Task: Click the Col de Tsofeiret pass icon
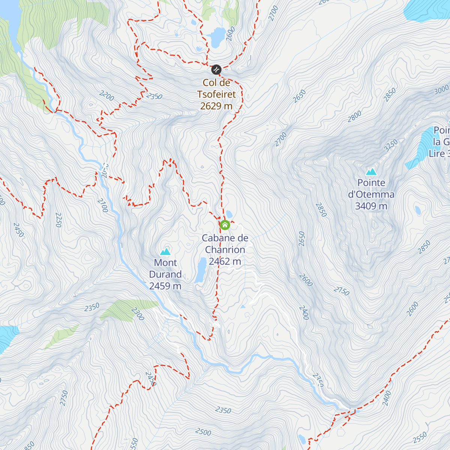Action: [x=216, y=69]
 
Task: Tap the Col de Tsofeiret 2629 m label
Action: [x=216, y=94]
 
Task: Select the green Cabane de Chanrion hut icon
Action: [x=225, y=225]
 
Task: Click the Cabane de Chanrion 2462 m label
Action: [x=225, y=250]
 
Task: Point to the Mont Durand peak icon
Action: [x=165, y=252]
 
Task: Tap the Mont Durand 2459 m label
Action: [x=165, y=274]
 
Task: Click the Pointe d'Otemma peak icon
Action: [x=371, y=172]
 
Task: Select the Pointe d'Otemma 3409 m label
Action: [x=371, y=194]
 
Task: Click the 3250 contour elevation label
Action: [x=391, y=145]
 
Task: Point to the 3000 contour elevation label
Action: [x=441, y=90]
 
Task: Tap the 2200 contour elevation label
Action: [x=107, y=96]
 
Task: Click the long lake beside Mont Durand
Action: [x=201, y=270]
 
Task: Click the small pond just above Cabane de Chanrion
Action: [x=229, y=214]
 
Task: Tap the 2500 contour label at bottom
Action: [x=203, y=432]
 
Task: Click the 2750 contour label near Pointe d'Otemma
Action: [x=341, y=291]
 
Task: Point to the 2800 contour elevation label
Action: [x=354, y=116]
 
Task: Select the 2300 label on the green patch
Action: [x=138, y=314]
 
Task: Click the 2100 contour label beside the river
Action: [x=102, y=205]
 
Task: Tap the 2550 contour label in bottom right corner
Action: [x=420, y=437]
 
